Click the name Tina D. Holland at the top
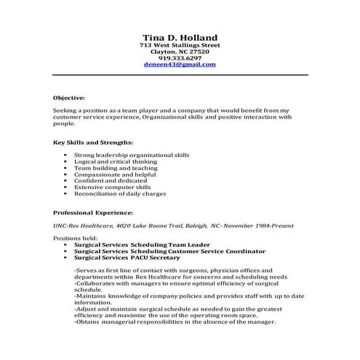pyautogui.click(x=179, y=37)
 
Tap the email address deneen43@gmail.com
pyautogui.click(x=179, y=64)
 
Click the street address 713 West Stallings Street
pyautogui.click(x=179, y=46)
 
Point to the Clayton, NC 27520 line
pyautogui.click(x=179, y=52)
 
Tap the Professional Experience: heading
pyautogui.click(x=93, y=212)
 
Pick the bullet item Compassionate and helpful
pyautogui.click(x=115, y=175)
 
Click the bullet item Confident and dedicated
pyautogui.click(x=112, y=181)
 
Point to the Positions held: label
pyautogui.click(x=74, y=239)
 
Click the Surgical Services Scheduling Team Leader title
pyautogui.click(x=137, y=245)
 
